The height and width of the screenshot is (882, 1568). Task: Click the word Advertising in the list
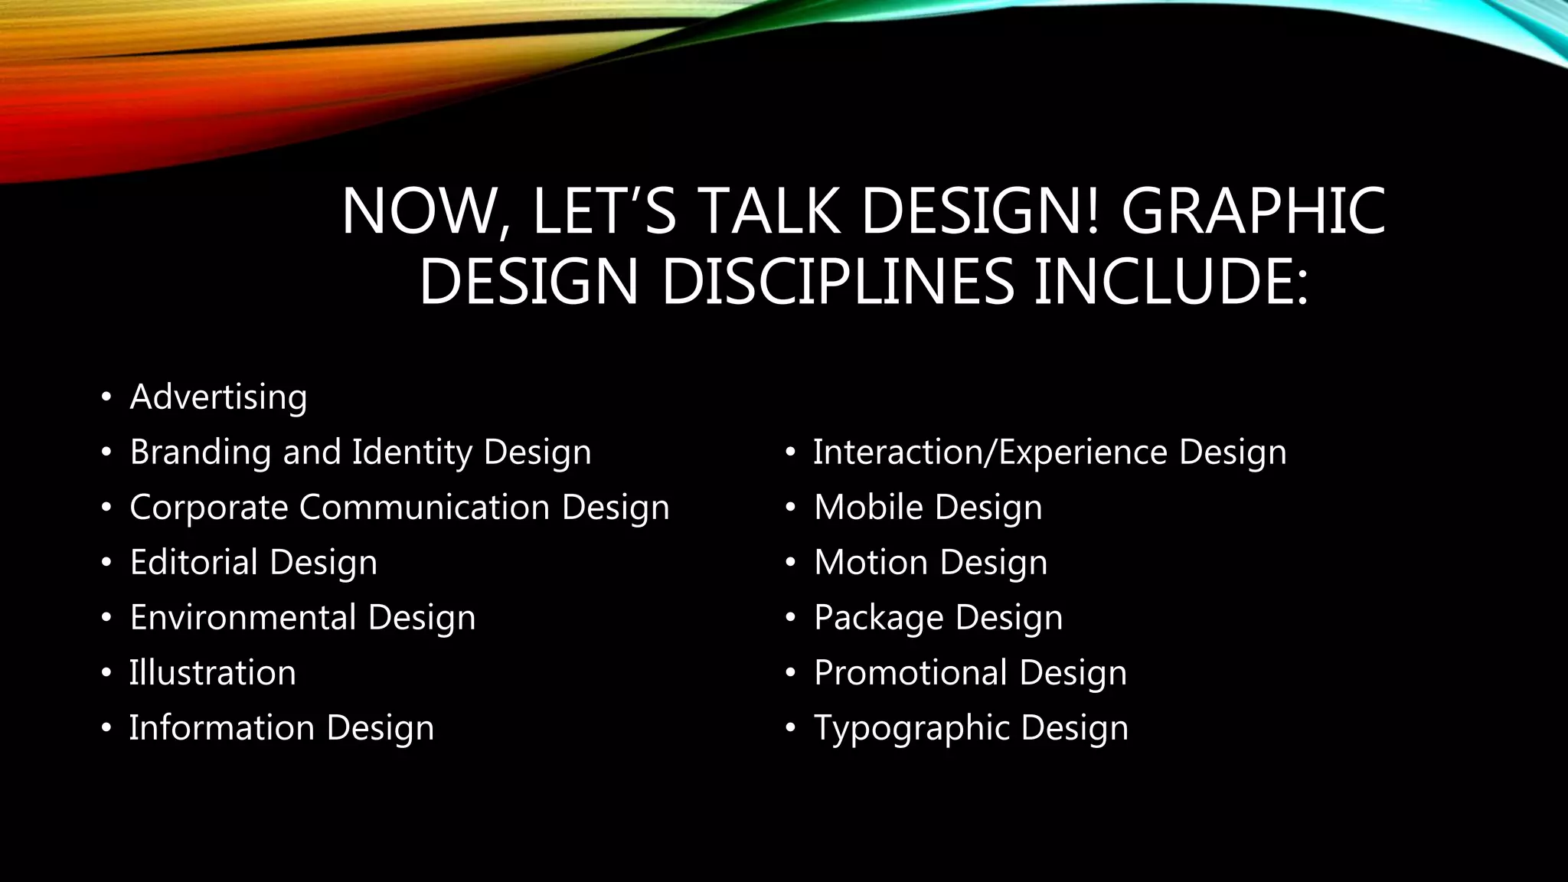click(218, 397)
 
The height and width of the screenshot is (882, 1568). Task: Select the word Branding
click(201, 452)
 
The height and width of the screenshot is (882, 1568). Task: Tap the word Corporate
click(208, 508)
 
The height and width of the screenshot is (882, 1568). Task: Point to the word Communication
click(424, 508)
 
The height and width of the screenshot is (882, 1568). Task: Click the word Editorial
click(194, 563)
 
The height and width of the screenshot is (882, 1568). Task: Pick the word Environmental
click(243, 618)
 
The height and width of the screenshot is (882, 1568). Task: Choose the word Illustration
click(212, 673)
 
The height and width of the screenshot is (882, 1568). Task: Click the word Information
click(221, 728)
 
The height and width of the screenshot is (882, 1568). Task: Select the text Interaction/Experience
click(990, 452)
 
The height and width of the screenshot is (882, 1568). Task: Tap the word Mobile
click(868, 508)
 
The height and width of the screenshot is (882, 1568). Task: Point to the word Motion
click(871, 563)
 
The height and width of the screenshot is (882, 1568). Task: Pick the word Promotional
click(910, 673)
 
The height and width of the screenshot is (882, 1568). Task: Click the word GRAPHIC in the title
click(1253, 211)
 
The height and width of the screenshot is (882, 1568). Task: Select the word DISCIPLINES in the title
click(838, 281)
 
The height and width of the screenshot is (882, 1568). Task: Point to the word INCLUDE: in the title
click(1171, 281)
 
